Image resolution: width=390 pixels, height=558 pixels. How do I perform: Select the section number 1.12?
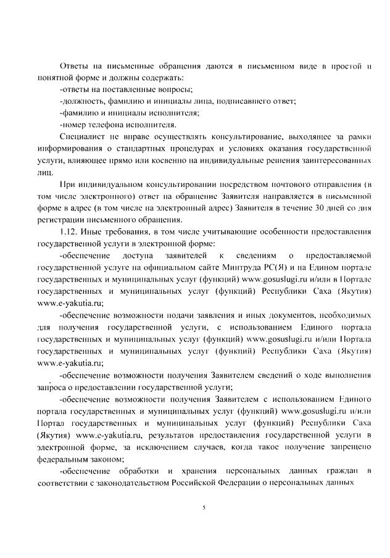70,231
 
